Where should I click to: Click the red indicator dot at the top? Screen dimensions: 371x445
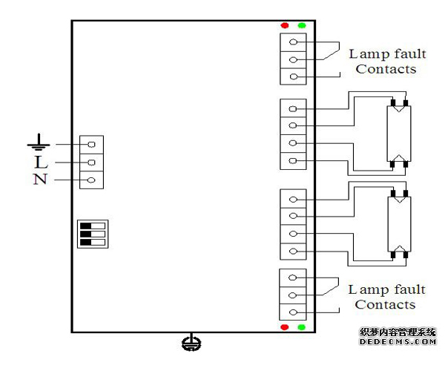(285, 26)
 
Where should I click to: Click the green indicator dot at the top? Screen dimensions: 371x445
(301, 26)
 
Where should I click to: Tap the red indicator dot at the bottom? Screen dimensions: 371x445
(285, 326)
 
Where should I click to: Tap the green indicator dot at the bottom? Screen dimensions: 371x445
(301, 326)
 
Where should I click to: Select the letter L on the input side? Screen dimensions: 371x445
(40, 162)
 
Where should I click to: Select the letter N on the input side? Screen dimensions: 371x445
(40, 179)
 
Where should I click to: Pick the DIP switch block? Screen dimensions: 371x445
(93, 233)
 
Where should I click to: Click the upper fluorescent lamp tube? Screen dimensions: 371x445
(398, 134)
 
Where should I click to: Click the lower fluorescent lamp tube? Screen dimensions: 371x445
(398, 223)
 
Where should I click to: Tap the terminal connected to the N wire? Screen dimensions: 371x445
(91, 180)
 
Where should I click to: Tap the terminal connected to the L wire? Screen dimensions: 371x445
(91, 162)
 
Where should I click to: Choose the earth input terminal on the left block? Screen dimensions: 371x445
(91, 144)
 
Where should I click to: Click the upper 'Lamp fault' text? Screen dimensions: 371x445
(385, 53)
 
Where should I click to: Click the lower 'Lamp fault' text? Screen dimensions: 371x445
(386, 289)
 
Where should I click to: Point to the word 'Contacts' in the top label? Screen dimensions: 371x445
(386, 69)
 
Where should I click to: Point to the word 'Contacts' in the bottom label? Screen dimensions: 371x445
(385, 305)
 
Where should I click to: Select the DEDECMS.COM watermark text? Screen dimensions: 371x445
(397, 342)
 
